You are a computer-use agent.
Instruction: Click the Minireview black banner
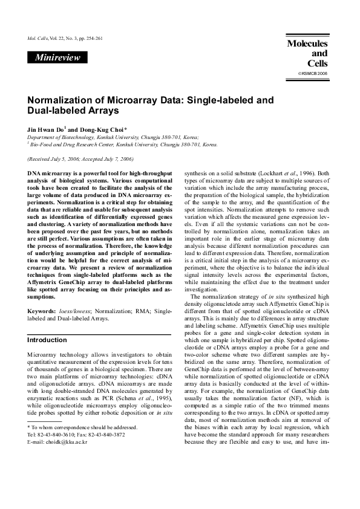(58, 57)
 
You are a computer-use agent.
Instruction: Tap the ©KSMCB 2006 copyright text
(313, 73)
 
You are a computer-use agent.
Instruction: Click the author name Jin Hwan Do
(45, 129)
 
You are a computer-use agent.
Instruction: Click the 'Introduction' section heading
(48, 340)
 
